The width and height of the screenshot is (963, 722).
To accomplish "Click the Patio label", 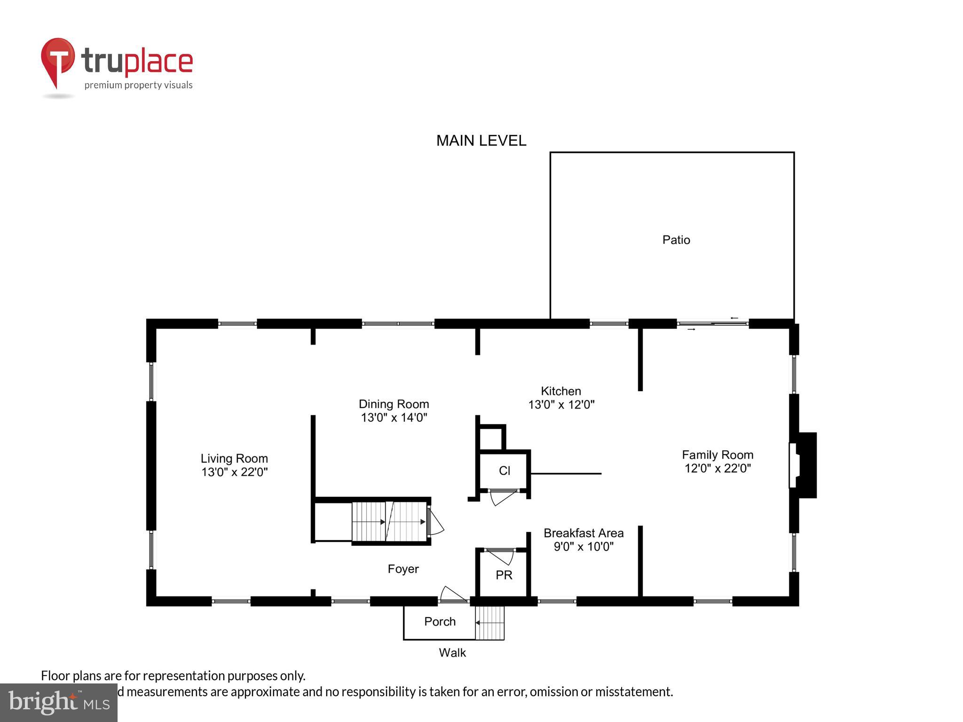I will (x=676, y=240).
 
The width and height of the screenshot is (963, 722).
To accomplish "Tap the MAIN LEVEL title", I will (x=481, y=141).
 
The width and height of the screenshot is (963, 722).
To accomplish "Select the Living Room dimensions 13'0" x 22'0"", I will (x=234, y=472).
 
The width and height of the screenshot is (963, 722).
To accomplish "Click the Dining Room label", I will (x=394, y=404).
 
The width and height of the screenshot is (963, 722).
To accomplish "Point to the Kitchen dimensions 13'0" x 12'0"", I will (x=561, y=405).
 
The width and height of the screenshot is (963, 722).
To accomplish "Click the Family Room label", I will (x=717, y=455).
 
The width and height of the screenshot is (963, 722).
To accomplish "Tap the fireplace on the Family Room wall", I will (x=803, y=465).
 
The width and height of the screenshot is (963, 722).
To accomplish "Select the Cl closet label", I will (x=504, y=471).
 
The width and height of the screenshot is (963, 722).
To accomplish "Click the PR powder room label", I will (x=504, y=575).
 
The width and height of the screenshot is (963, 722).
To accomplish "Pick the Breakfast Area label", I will (x=583, y=533).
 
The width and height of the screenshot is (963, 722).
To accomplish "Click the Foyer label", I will (x=403, y=569).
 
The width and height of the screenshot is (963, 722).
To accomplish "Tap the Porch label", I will (x=440, y=622).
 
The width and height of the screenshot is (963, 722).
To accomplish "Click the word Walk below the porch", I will (x=452, y=653).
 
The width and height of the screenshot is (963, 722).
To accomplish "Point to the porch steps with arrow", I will (x=489, y=623).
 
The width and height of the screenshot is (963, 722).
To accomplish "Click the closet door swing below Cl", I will (x=502, y=497).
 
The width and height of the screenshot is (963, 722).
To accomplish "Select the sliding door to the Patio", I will (x=713, y=323).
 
